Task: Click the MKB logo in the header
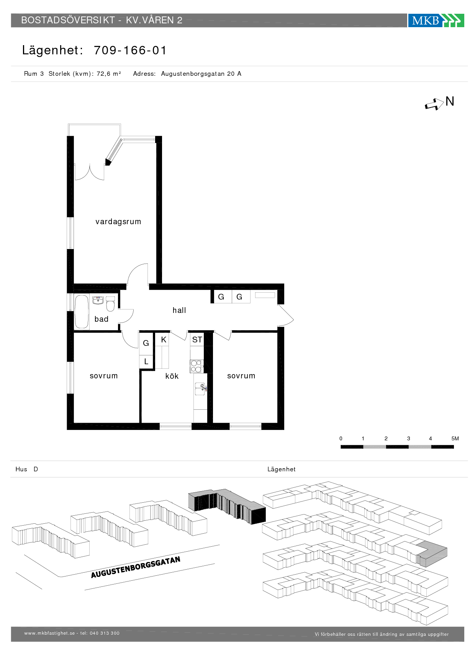[436, 20]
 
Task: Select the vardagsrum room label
[118, 221]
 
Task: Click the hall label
[179, 310]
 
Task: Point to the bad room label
[102, 319]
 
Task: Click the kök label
[172, 376]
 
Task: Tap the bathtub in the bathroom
[82, 312]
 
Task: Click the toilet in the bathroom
[110, 304]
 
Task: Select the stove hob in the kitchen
[196, 366]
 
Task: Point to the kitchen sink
[200, 389]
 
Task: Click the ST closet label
[197, 340]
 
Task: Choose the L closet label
[146, 362]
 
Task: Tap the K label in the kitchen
[164, 340]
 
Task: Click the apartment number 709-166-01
[130, 50]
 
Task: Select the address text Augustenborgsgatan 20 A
[201, 74]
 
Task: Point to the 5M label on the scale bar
[455, 438]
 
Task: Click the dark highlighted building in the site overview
[227, 506]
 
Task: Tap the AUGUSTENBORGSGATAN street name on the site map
[136, 567]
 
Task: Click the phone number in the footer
[105, 633]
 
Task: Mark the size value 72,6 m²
[109, 74]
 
